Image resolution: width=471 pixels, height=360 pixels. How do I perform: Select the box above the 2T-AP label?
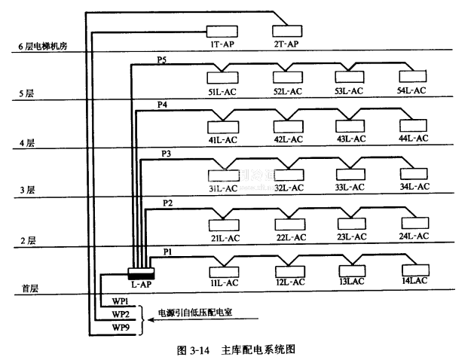coord(286,31)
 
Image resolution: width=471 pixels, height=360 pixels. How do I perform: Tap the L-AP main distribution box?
coord(141,272)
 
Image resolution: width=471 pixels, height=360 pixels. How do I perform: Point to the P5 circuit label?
coord(162,59)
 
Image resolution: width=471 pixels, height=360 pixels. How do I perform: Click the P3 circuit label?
coord(167,154)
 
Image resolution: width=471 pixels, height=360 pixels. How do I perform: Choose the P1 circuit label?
coord(168,252)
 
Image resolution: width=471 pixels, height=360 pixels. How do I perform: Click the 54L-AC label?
coord(411,90)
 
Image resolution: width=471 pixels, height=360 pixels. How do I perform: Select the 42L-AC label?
coord(288,139)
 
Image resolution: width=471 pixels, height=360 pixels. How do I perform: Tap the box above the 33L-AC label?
coord(350,173)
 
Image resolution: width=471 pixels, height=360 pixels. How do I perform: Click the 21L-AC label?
coord(224,236)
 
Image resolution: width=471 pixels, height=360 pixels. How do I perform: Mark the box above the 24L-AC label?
coord(413,223)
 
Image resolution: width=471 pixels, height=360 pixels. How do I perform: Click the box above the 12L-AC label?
coord(288,270)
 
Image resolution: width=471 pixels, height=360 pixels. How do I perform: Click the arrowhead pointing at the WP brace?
coord(151,319)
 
